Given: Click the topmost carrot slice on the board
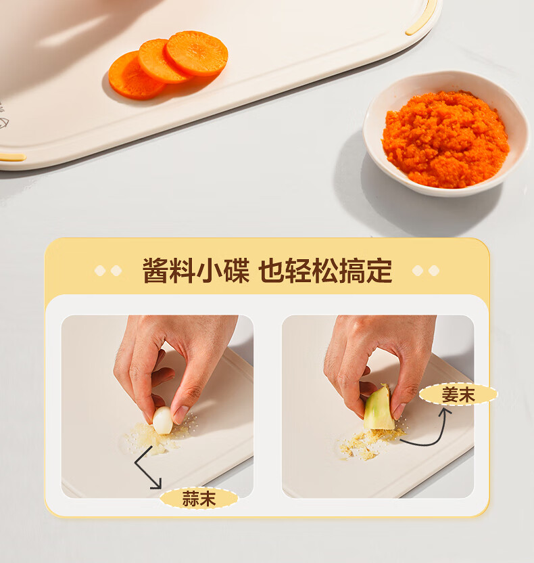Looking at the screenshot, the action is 197,53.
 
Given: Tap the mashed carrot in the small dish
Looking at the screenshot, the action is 445,139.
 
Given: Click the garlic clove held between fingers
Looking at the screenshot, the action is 163,420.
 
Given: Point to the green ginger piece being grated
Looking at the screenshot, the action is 379,408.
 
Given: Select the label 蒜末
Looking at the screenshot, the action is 199,498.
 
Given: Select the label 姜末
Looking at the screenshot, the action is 458,395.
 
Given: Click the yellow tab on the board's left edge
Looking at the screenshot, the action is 13,157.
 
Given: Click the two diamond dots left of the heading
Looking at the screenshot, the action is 108,271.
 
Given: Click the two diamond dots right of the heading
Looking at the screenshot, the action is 426,271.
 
